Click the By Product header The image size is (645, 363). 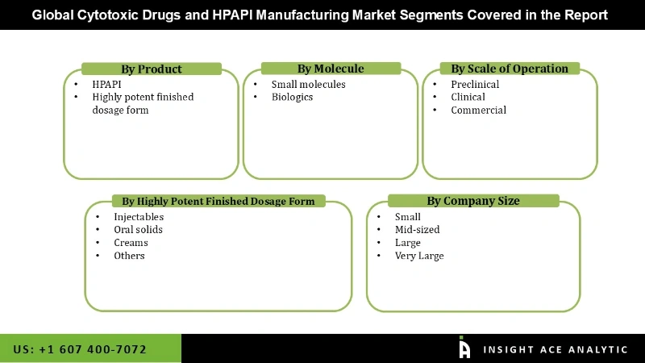[x=152, y=69]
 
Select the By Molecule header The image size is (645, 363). [x=331, y=69]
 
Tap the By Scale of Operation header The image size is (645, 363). [x=510, y=69]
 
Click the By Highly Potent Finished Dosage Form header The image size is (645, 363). [x=218, y=201]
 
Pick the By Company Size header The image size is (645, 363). [x=473, y=201]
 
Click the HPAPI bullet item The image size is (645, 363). [x=106, y=84]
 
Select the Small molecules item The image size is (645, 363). [x=308, y=84]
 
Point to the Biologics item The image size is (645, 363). [x=292, y=97]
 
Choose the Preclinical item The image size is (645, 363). [x=475, y=84]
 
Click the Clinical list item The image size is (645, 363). [x=468, y=97]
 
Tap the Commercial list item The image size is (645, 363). [x=478, y=110]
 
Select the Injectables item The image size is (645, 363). [x=139, y=217]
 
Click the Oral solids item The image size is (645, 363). [x=138, y=230]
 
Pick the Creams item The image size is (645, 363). [x=131, y=243]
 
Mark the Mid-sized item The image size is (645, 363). [x=417, y=230]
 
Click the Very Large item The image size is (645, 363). [x=419, y=256]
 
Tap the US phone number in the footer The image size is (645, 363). [x=80, y=349]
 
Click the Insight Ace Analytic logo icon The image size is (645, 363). [x=464, y=348]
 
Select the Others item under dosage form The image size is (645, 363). [x=129, y=256]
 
